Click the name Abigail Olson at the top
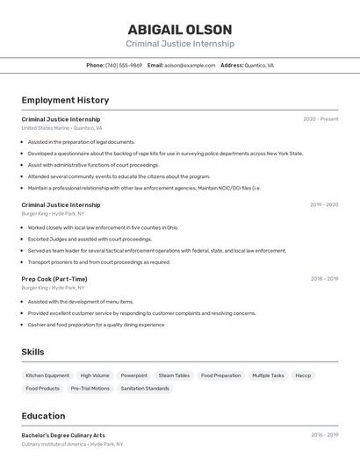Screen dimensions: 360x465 (180, 29)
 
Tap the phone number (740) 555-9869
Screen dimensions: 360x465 (123, 65)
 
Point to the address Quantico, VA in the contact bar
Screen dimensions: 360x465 (258, 65)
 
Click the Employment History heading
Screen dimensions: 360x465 (65, 100)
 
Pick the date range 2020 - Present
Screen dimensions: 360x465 (320, 119)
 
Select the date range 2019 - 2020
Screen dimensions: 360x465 (323, 204)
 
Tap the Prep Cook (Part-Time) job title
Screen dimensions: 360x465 (54, 279)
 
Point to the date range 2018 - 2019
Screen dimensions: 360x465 (324, 279)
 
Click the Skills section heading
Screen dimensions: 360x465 (33, 352)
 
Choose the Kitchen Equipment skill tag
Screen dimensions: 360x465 (47, 376)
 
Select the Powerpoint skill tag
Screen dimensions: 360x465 (134, 376)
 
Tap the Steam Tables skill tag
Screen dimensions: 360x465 (174, 376)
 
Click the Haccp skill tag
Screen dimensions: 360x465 (303, 376)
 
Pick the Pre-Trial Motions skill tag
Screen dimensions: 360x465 (90, 388)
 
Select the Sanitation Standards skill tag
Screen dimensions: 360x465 (145, 388)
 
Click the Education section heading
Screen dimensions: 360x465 (43, 416)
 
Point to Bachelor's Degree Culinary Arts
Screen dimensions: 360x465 (63, 435)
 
